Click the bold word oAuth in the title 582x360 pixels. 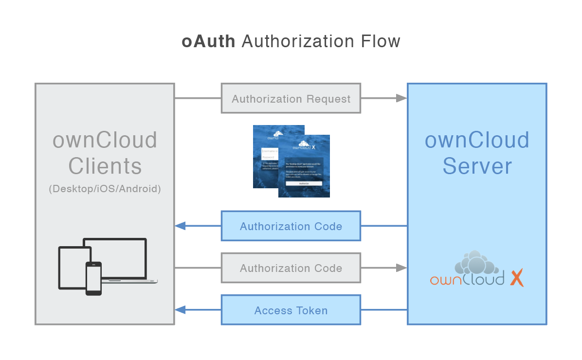(208, 41)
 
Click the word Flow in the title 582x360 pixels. (381, 41)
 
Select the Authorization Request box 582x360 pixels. (291, 99)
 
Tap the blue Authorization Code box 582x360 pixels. (291, 226)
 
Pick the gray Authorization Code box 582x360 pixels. (291, 268)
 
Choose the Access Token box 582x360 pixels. (291, 310)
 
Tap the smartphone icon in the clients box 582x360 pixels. (93, 278)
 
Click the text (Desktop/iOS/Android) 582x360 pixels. (105, 189)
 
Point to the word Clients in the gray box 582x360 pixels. (105, 166)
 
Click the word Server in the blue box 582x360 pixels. (477, 166)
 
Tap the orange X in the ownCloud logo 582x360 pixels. (516, 278)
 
